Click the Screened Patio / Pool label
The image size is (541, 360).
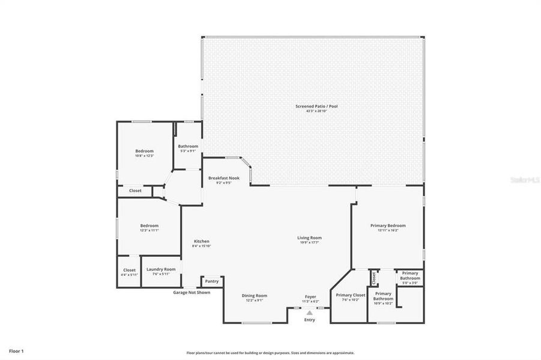pyautogui.click(x=316, y=106)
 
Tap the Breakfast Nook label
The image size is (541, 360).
pyautogui.click(x=224, y=178)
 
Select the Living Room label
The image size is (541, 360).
pyautogui.click(x=309, y=238)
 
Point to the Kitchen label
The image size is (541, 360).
pyautogui.click(x=201, y=241)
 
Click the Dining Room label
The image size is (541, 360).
pyautogui.click(x=255, y=295)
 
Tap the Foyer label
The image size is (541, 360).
pyautogui.click(x=310, y=296)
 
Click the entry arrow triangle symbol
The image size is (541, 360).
pyautogui.click(x=309, y=313)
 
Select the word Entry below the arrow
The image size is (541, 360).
pyautogui.click(x=309, y=320)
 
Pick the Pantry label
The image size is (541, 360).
pyautogui.click(x=212, y=281)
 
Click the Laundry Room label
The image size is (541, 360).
pyautogui.click(x=161, y=269)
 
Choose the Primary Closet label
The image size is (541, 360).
pyautogui.click(x=350, y=295)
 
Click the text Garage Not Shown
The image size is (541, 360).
pyautogui.click(x=192, y=292)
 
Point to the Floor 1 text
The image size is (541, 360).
pyautogui.click(x=16, y=350)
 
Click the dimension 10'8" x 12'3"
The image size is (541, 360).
pyautogui.click(x=144, y=156)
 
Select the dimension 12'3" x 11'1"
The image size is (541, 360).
pyautogui.click(x=149, y=230)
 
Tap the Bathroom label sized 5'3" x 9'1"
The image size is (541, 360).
pyautogui.click(x=188, y=146)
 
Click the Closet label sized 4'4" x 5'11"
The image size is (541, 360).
pyautogui.click(x=129, y=270)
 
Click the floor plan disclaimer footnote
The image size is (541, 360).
pyautogui.click(x=270, y=353)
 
